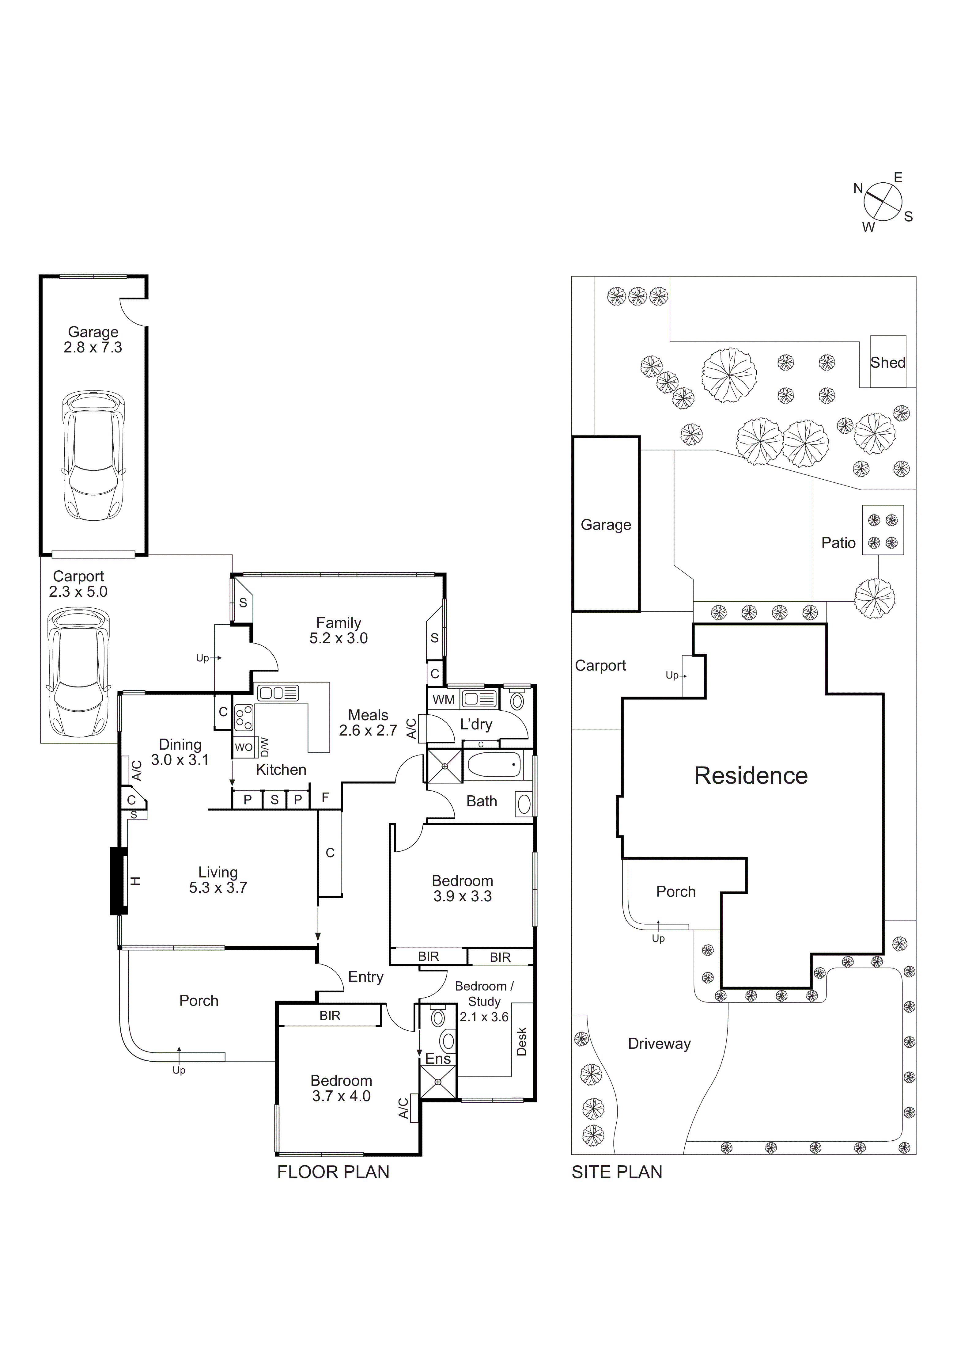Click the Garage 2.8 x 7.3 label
tap(93, 340)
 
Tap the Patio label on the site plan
tap(838, 542)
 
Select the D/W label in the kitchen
tap(265, 747)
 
